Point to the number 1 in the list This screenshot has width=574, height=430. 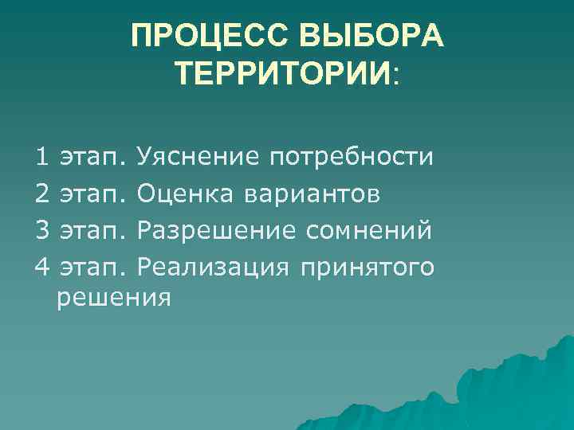[x=42, y=157]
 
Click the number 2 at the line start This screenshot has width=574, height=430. [x=42, y=193]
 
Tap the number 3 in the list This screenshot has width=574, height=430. [x=42, y=230]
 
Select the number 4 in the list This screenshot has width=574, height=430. [x=42, y=267]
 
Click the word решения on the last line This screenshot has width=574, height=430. [x=114, y=298]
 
